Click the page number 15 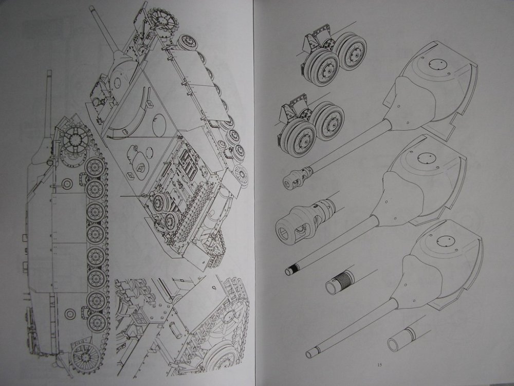pyautogui.click(x=380, y=364)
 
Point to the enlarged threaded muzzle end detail pyautogui.click(x=340, y=282)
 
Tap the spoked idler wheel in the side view pyautogui.click(x=85, y=357)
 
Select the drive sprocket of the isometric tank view pyautogui.click(x=163, y=20)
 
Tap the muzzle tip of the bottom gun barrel pyautogui.click(x=310, y=353)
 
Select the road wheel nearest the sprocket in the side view pyautogui.click(x=95, y=167)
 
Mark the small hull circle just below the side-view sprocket pyautogui.click(x=67, y=184)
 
